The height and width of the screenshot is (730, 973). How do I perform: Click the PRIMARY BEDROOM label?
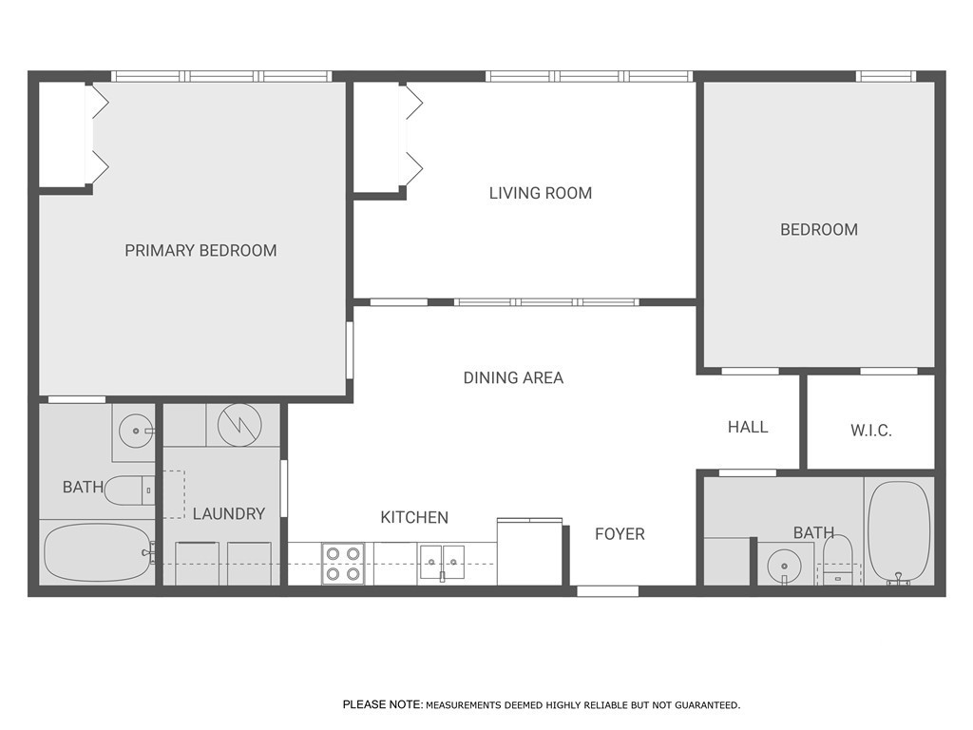coord(200,251)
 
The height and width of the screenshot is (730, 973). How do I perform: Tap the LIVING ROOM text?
coord(540,193)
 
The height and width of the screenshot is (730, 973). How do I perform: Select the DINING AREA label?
coord(513,377)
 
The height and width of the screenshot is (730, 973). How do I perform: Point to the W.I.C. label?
coord(870,431)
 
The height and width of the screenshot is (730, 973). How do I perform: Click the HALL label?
coord(748,427)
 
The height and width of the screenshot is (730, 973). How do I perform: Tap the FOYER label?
coord(620,534)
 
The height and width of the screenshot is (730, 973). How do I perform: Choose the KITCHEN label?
coord(414,518)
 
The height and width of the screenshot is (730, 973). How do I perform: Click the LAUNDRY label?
coord(228,513)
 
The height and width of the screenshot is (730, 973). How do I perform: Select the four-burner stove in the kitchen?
coord(344,563)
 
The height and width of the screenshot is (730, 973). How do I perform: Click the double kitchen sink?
coord(441,563)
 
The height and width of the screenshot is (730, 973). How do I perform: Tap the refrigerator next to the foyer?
coord(530,552)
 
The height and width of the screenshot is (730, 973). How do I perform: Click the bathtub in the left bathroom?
coord(97,552)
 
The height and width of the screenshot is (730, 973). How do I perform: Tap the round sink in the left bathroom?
coord(137,432)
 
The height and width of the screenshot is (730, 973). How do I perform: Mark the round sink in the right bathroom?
coord(785,565)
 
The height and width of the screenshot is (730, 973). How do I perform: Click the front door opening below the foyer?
coord(607,591)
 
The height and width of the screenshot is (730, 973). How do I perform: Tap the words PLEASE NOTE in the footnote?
coord(382,705)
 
